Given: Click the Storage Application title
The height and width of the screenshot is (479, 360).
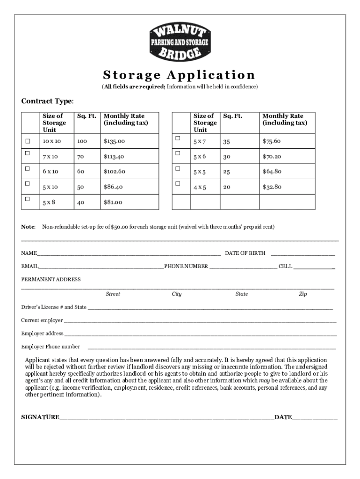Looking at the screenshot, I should (179, 75).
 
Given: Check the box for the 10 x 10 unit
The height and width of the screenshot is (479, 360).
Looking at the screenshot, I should (28, 141).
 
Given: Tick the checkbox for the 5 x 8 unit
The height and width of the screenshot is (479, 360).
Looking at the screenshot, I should (28, 199).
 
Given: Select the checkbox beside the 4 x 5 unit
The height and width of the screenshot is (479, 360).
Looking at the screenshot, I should (177, 183).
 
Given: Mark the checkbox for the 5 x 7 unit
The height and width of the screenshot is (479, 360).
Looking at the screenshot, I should (177, 138).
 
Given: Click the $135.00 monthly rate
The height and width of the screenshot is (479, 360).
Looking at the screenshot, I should (114, 141).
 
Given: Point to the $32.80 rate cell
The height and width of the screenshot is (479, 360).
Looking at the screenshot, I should (271, 187).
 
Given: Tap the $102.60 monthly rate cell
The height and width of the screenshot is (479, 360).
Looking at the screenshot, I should (115, 172).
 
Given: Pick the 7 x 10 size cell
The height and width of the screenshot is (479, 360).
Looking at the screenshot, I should (50, 156).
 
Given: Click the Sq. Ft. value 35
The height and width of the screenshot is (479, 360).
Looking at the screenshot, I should (226, 141).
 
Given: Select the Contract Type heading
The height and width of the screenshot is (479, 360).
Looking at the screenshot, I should (47, 102).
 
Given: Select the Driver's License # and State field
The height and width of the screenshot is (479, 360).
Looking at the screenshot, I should (210, 308).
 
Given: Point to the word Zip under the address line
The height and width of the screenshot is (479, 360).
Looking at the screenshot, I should (303, 294).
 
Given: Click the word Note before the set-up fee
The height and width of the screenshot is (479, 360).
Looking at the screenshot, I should (28, 227).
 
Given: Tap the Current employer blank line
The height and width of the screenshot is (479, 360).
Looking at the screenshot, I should (200, 321).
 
